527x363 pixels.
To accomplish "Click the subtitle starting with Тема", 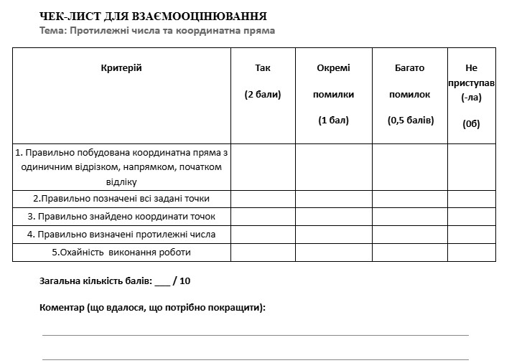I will tap(157, 31).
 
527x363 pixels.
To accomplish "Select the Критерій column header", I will tap(121, 68).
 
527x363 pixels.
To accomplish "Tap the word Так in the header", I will tap(263, 68).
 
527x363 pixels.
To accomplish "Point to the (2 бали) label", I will tap(263, 94).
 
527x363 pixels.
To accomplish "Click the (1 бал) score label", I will tap(333, 120).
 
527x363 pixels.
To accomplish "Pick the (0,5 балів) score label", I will tap(410, 120).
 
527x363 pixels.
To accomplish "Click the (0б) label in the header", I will tap(471, 123).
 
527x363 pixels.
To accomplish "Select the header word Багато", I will tap(409, 68).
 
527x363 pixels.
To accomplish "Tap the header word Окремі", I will tap(333, 68).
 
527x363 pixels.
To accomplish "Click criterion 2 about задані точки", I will tap(121, 199).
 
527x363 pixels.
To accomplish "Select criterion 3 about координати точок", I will tap(121, 217).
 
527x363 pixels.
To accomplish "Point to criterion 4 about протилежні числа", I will tap(121, 235).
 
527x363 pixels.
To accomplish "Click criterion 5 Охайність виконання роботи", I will tap(121, 253).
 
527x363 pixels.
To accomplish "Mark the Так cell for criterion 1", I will tap(263, 167).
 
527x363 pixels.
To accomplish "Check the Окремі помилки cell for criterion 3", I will tap(333, 217).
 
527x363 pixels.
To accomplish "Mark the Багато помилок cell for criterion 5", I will tap(410, 253).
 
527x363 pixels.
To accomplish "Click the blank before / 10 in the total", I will tap(162, 281).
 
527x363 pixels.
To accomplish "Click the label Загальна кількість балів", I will tap(95, 281).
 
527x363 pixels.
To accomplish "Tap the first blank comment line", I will tap(255, 334).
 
